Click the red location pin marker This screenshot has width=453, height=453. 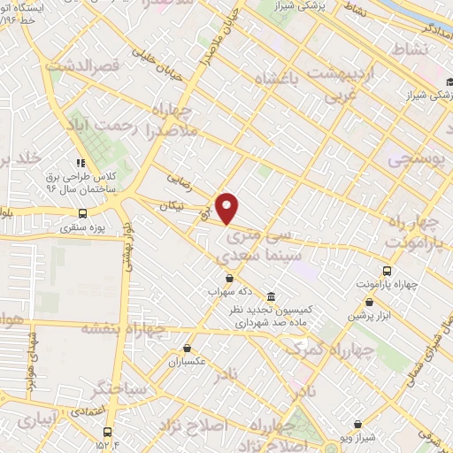(227, 207)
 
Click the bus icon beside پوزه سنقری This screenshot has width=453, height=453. (82, 213)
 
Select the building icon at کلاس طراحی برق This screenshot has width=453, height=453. (81, 163)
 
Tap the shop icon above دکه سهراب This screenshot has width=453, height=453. (229, 279)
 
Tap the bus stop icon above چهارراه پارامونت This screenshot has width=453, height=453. (386, 271)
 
